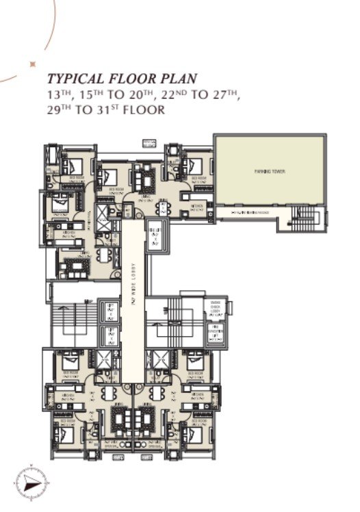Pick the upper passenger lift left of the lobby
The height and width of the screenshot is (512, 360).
pos(109,311)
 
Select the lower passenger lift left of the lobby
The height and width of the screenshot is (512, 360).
pos(109,336)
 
